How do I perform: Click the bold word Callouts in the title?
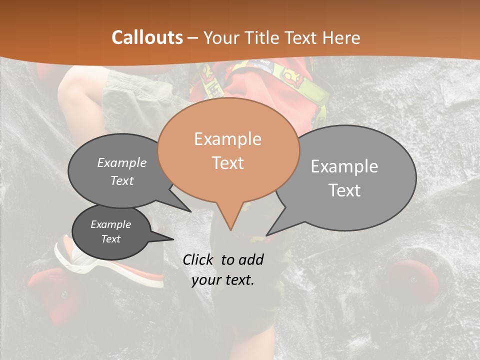(147, 37)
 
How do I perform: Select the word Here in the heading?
(340, 37)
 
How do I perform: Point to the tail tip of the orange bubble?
(230, 229)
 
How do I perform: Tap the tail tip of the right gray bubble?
(267, 234)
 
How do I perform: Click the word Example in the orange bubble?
(227, 139)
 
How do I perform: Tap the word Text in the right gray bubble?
(344, 190)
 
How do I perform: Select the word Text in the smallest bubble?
(110, 239)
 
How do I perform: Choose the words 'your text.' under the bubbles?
(223, 280)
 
